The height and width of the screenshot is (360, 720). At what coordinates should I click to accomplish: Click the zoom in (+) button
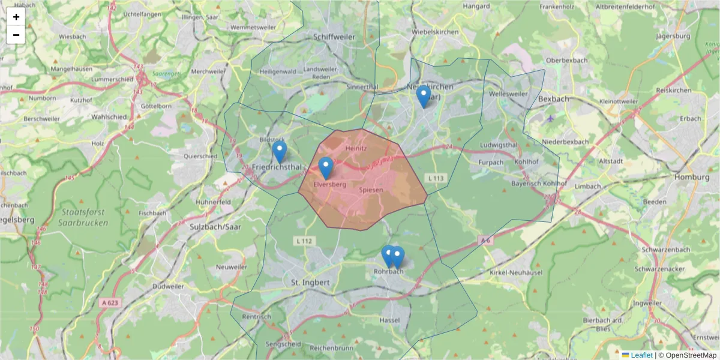pos(16,17)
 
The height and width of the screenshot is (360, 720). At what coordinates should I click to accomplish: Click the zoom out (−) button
pos(16,35)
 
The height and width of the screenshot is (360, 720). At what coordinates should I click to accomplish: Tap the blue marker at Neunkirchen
pos(424,97)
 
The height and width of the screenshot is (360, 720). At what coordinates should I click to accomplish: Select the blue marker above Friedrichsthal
pos(279,152)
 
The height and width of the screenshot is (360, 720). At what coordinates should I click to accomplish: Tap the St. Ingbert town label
pos(310,282)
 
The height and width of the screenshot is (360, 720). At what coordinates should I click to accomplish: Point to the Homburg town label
pos(692,178)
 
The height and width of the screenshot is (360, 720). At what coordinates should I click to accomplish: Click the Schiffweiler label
pos(334,37)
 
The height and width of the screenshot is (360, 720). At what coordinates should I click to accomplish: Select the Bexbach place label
pos(552,98)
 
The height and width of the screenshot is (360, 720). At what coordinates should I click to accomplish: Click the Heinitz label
pos(356,148)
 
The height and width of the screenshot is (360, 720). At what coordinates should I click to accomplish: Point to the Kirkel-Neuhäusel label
pos(517,273)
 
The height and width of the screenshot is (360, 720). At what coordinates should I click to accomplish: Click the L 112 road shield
pos(305,241)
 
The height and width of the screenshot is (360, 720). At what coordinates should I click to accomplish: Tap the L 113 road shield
pos(436,178)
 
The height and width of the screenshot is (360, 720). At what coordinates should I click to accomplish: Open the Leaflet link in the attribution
pos(641,355)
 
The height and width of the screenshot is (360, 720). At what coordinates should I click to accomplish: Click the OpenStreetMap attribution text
pos(688,355)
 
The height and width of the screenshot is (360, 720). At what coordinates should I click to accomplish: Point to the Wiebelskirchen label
pos(436,32)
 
